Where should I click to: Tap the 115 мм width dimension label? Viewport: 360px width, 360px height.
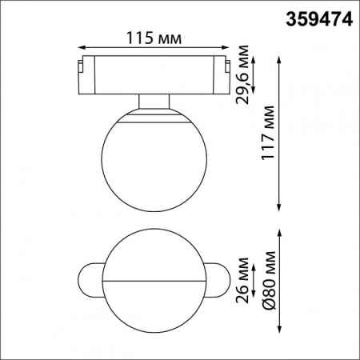click(x=152, y=38)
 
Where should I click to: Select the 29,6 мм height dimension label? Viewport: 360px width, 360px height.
click(x=245, y=78)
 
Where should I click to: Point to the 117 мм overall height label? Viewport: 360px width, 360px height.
click(x=269, y=133)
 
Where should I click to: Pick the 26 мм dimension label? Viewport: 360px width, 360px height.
click(x=245, y=282)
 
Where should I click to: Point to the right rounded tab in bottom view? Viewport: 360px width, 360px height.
click(x=214, y=282)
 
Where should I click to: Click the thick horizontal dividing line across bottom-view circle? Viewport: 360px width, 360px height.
click(x=153, y=282)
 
